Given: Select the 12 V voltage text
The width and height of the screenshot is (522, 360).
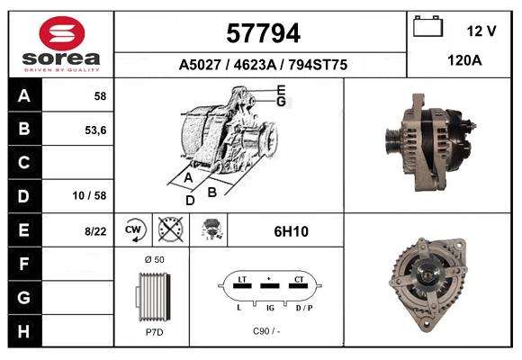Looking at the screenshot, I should (481, 31).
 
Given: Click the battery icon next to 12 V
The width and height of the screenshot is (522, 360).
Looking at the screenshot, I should (427, 27).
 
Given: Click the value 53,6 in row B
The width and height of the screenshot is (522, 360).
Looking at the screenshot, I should (95, 129).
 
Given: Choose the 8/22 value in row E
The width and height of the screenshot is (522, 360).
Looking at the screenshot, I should (94, 231).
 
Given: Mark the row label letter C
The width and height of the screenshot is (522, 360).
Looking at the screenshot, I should (23, 163).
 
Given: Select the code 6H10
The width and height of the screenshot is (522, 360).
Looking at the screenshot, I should (291, 231).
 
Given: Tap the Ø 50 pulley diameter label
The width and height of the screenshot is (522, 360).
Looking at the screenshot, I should (154, 259).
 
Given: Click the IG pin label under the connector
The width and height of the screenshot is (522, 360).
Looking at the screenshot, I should (269, 309).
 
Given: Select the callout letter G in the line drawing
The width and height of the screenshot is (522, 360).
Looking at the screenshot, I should (281, 102).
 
